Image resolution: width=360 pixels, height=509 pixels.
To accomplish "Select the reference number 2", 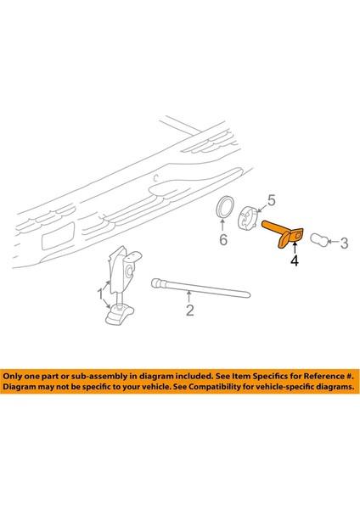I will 189,310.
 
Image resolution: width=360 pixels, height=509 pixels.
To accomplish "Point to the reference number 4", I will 295,262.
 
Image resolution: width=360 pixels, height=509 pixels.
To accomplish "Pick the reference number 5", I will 272,200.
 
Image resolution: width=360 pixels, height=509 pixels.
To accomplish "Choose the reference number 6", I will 223,240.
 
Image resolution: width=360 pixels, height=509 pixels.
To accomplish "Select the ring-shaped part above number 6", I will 223,209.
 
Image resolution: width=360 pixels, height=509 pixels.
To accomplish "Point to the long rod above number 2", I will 199,288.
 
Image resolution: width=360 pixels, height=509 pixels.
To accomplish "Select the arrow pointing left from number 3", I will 333,243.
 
